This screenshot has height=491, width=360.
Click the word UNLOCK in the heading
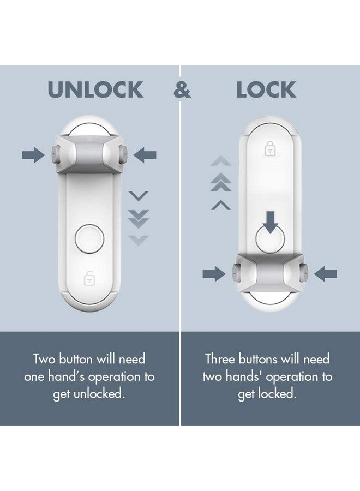pyautogui.click(x=95, y=90)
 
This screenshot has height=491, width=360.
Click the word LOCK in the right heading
pyautogui.click(x=266, y=90)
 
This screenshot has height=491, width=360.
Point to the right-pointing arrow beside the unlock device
pyautogui.click(x=33, y=155)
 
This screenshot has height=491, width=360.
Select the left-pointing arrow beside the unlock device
pyautogui.click(x=145, y=155)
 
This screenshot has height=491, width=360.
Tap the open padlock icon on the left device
pyautogui.click(x=89, y=278)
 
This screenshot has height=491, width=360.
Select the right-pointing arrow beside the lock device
pyautogui.click(x=213, y=274)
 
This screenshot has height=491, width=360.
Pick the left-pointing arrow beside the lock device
pyautogui.click(x=326, y=274)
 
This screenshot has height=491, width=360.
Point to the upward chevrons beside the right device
pyautogui.click(x=220, y=183)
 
